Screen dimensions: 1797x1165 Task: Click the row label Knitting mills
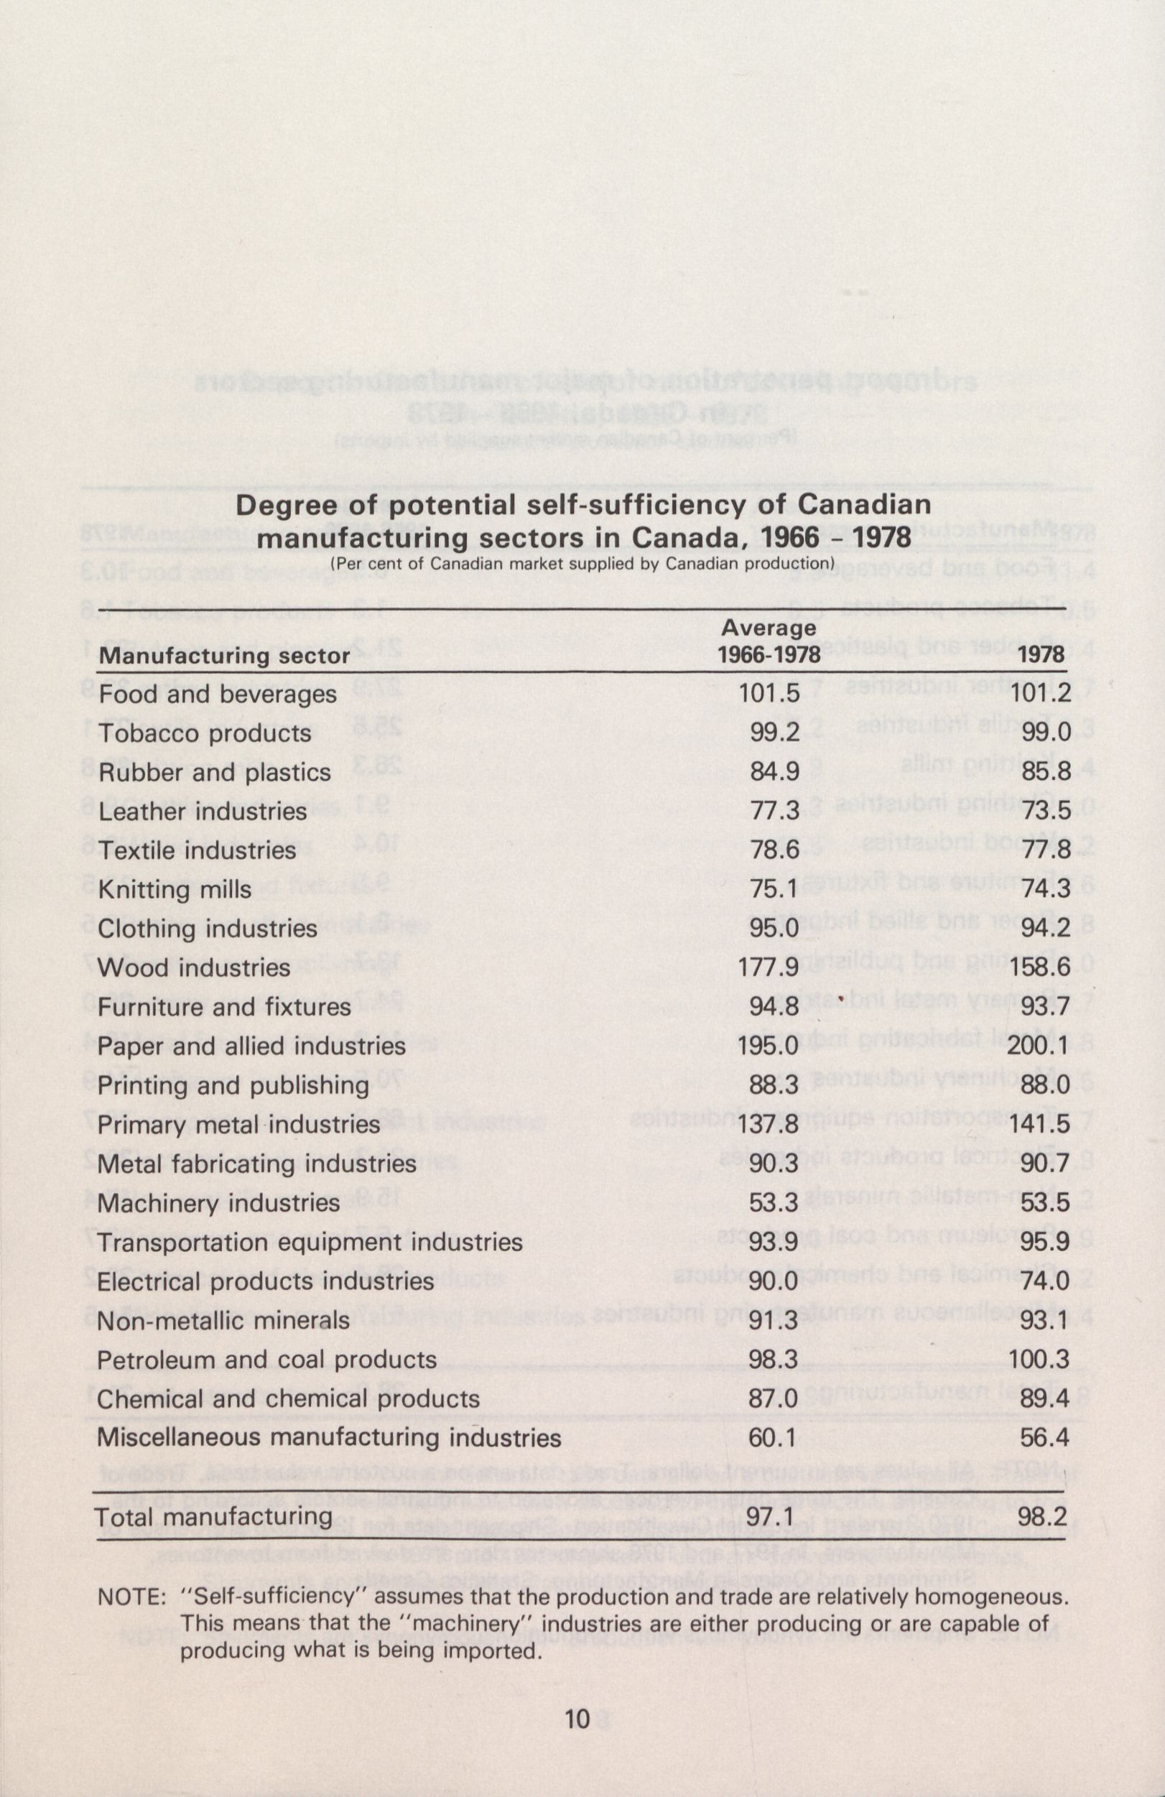[175, 889]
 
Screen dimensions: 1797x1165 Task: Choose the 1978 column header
[1042, 654]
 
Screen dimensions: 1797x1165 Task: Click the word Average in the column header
[769, 628]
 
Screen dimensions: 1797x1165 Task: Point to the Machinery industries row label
[219, 1203]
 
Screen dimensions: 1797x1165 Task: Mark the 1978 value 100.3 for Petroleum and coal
[1039, 1360]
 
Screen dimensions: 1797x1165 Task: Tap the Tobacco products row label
[205, 733]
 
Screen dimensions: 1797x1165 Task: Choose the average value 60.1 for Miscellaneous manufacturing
[772, 1438]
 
